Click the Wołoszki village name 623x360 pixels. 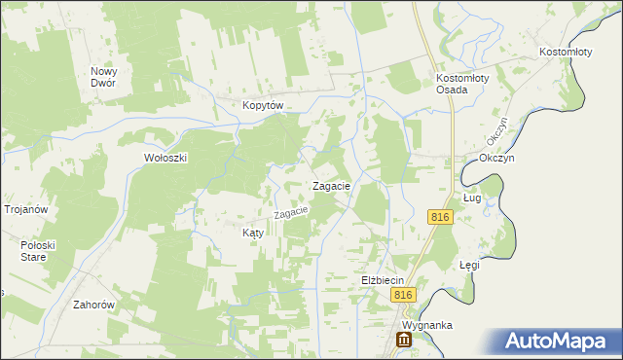[x=165, y=158]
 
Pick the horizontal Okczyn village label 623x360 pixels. [x=495, y=158]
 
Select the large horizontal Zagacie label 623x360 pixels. [x=331, y=186]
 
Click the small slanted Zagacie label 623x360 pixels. [x=291, y=210]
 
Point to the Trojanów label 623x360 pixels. [x=26, y=209]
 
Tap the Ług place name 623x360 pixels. [x=473, y=198]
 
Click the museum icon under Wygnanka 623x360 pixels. [x=403, y=341]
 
